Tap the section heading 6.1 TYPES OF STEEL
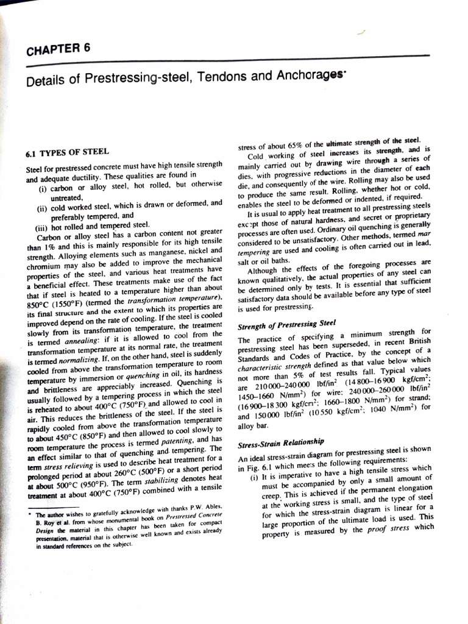click(x=68, y=152)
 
